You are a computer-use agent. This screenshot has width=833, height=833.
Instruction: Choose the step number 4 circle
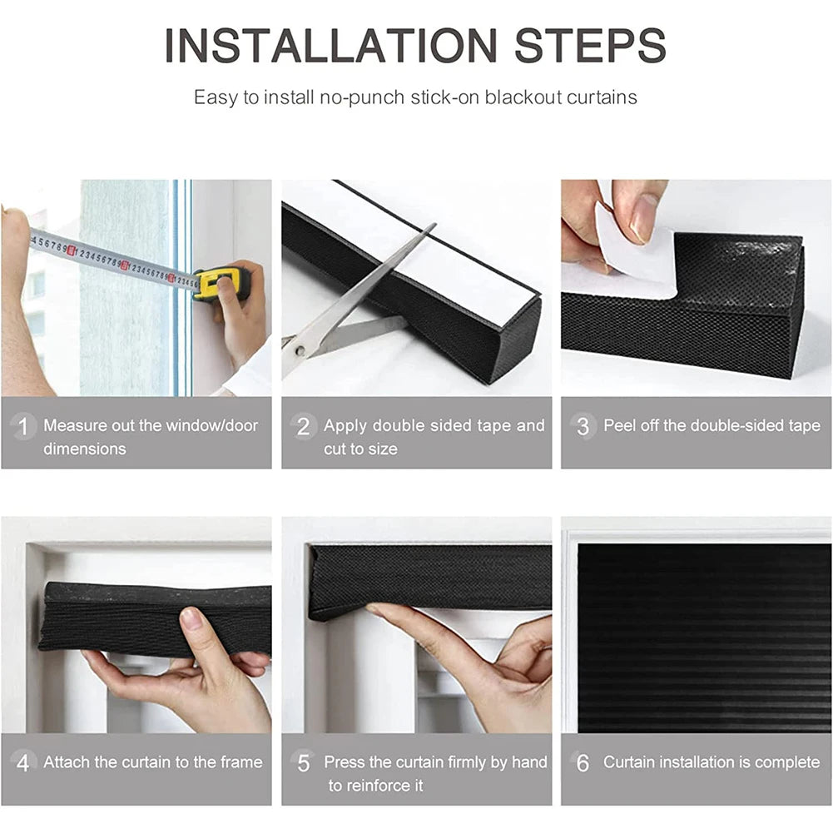(23, 763)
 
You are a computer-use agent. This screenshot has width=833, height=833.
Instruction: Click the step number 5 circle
(304, 763)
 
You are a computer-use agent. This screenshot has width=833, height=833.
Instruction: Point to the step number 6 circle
(583, 763)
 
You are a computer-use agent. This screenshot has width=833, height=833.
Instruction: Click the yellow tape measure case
(221, 283)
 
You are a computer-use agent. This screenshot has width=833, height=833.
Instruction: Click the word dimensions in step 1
(85, 449)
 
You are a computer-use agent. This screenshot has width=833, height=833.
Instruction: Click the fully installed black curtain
(703, 637)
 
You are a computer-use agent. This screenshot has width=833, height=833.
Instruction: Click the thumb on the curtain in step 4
(192, 619)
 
